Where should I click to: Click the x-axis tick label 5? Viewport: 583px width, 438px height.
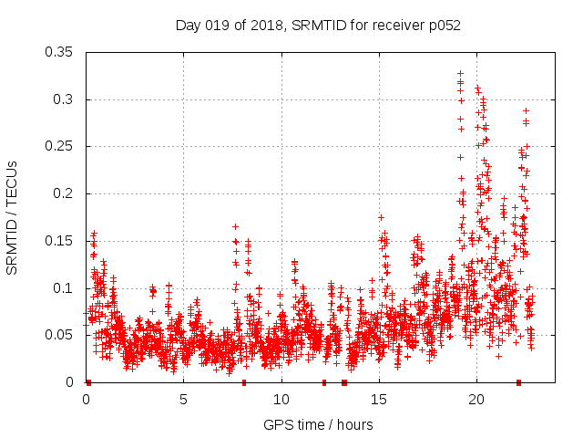(183, 400)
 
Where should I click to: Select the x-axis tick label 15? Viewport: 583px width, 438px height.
(378, 400)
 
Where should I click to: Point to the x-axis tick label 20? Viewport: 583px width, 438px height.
(476, 400)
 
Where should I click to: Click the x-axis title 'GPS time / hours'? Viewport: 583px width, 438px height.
(318, 424)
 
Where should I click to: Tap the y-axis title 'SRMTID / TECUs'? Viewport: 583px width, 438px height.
(13, 217)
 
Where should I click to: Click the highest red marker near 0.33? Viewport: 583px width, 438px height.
(460, 73)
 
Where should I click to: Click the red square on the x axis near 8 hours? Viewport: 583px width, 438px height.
(244, 382)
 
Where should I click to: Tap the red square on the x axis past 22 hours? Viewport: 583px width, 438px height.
(518, 382)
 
